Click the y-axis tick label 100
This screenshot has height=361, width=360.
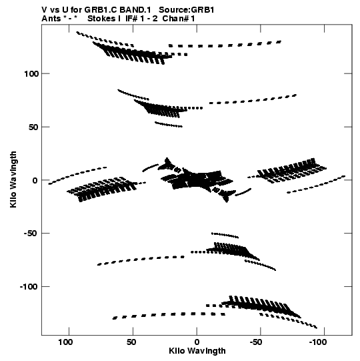[x=31, y=74]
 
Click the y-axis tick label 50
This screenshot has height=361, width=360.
[x=33, y=127]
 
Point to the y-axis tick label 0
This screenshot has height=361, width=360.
[x=35, y=180]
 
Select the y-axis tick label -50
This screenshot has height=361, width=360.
[x=31, y=234]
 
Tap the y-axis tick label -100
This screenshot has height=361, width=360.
[x=29, y=287]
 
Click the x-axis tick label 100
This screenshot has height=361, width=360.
[x=65, y=342]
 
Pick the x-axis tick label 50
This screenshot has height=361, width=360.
[x=131, y=342]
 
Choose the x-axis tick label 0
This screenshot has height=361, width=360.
[x=197, y=342]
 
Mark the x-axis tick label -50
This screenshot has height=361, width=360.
[x=256, y=342]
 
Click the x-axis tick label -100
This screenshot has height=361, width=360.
[x=318, y=342]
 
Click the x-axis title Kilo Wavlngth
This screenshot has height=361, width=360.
[x=197, y=351]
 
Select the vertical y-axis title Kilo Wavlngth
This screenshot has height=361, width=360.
[x=13, y=179]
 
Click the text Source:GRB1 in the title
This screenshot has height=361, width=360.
[x=187, y=10]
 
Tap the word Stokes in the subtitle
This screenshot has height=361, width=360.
[x=102, y=19]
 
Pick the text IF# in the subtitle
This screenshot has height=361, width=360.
[x=131, y=19]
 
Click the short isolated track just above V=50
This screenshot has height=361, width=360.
[x=169, y=125]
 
